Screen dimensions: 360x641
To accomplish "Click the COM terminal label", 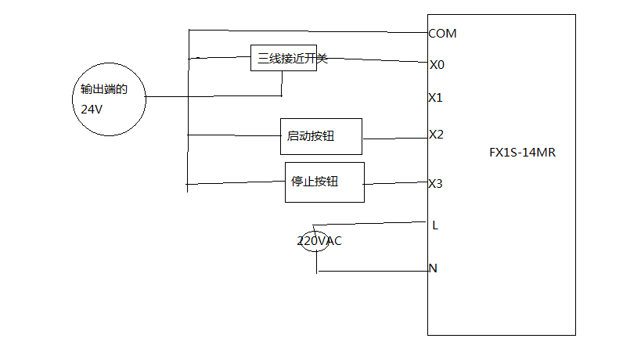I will click(x=442, y=34).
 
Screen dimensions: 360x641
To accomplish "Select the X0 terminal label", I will click(x=437, y=64).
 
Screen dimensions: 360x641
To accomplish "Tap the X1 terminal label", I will click(x=436, y=98).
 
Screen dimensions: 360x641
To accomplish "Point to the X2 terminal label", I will click(x=436, y=135).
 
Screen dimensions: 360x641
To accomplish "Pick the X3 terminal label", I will click(x=436, y=184).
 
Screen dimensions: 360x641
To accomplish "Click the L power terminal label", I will click(x=435, y=225).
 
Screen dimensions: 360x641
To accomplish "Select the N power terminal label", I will click(x=433, y=268).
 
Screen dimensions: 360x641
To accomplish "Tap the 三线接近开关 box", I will click(x=283, y=58).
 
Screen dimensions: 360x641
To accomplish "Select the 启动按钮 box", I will click(x=321, y=137).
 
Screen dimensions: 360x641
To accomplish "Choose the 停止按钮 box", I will click(x=324, y=182).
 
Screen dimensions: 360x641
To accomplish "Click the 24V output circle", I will click(x=110, y=99).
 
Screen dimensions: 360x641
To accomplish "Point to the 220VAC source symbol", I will click(x=315, y=241).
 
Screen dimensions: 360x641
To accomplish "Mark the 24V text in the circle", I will click(x=92, y=110).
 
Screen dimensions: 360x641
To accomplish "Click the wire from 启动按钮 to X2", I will click(x=394, y=139).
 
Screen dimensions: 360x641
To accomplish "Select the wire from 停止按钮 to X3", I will click(x=395, y=185).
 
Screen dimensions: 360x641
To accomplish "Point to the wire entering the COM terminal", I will click(x=313, y=31).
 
